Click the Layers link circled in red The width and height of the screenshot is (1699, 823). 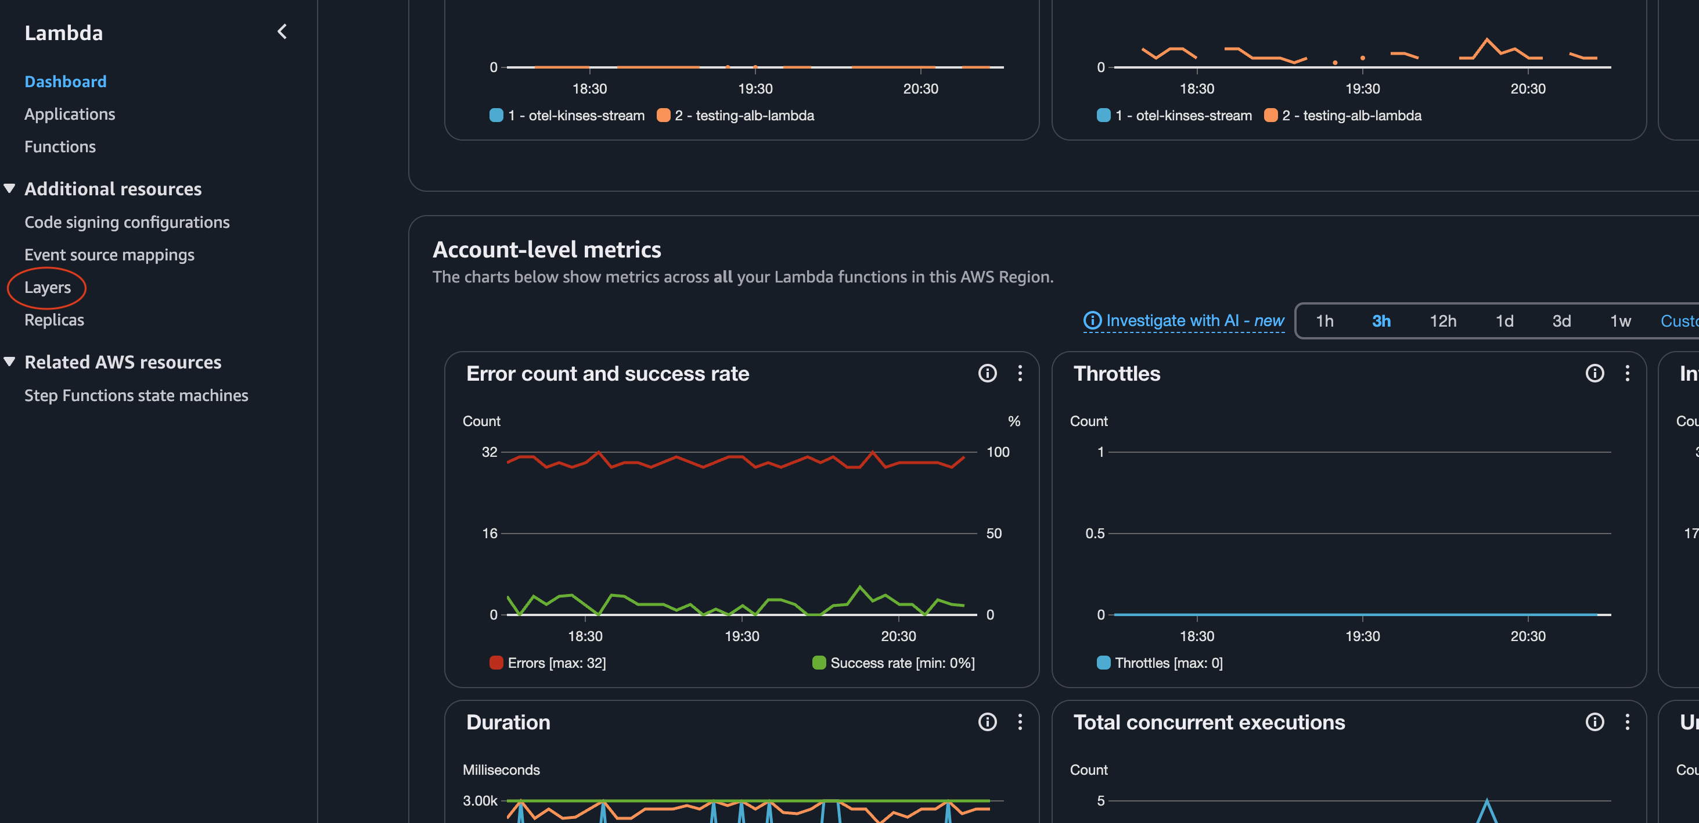coord(48,288)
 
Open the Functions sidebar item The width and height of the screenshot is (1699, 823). coord(60,146)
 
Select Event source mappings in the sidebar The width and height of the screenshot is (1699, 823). coord(110,255)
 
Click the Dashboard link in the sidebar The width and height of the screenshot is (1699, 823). coord(65,82)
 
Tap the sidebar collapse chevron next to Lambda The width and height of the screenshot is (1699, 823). coord(282,32)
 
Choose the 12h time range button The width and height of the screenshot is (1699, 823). coord(1442,321)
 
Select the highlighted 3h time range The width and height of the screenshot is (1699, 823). coord(1381,321)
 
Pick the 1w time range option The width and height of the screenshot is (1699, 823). coord(1620,321)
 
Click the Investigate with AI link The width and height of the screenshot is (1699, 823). coord(1185,321)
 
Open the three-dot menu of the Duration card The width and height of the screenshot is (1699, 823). coord(1020,722)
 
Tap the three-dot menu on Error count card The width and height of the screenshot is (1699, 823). coord(1020,374)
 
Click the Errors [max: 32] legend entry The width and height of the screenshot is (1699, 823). coord(548,663)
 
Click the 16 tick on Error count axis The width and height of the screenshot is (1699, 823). coord(489,534)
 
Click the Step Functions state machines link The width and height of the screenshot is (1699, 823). coord(136,395)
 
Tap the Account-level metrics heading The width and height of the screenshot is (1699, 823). coord(547,249)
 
